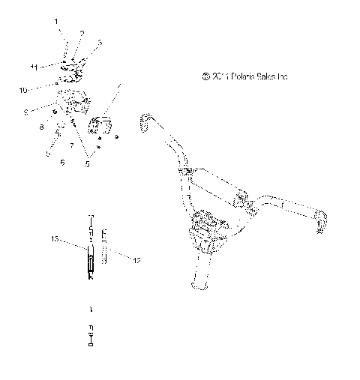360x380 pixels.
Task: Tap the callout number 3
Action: (100, 42)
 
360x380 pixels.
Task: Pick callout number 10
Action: (23, 90)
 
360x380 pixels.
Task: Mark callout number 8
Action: (42, 128)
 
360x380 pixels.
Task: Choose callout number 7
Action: (70, 145)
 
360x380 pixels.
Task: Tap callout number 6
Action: (62, 162)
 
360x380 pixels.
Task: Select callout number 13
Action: (54, 239)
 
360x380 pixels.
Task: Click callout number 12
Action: (136, 261)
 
